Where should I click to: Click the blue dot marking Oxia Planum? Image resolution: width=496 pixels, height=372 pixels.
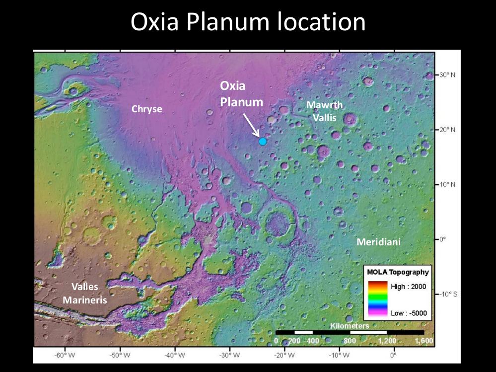(263, 141)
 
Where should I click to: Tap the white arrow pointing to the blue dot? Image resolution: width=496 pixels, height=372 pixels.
(251, 124)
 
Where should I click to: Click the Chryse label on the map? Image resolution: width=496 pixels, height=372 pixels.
(146, 109)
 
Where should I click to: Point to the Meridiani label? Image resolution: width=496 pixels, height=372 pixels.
(378, 242)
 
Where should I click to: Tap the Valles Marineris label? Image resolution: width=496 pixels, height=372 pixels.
(85, 293)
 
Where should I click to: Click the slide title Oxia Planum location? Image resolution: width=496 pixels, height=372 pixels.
(248, 22)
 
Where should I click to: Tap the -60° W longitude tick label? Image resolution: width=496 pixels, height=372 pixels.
(65, 356)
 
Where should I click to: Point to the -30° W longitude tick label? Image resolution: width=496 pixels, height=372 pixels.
(230, 356)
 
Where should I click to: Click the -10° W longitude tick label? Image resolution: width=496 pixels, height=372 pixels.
(339, 356)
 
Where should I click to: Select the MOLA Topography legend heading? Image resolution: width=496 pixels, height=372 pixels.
(398, 272)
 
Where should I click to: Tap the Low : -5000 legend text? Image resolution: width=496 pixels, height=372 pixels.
(409, 314)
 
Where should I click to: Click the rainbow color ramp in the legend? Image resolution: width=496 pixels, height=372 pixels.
(377, 300)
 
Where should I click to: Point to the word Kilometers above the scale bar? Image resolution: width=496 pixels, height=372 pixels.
(350, 326)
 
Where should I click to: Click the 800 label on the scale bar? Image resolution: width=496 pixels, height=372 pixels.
(350, 341)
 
